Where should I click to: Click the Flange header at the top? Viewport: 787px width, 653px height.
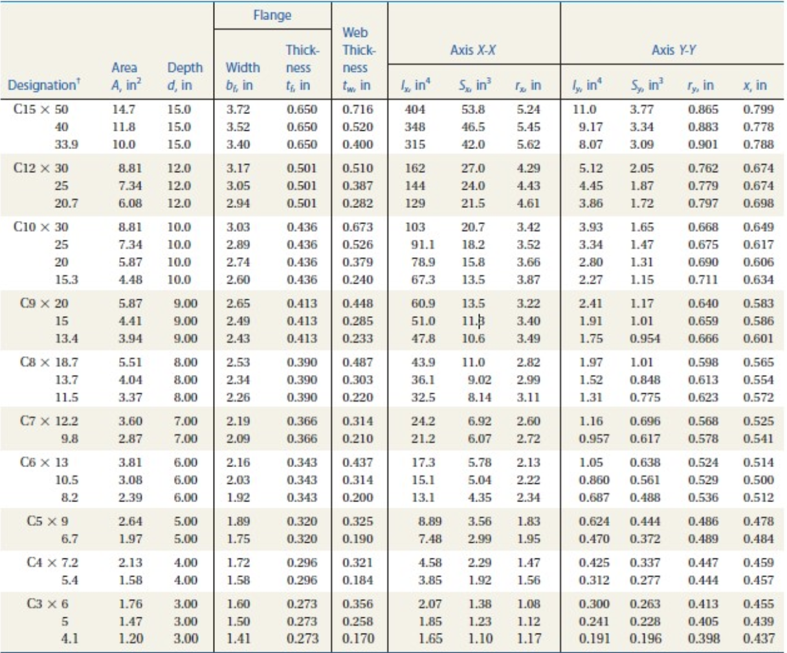[x=272, y=15]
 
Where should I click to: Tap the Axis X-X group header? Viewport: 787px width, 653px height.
[x=472, y=50]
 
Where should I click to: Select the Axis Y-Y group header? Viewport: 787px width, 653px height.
[x=674, y=50]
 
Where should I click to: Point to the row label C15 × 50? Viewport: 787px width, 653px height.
[x=41, y=109]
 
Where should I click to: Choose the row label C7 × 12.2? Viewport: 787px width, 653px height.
[x=49, y=421]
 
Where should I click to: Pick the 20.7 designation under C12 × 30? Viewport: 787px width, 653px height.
[x=66, y=203]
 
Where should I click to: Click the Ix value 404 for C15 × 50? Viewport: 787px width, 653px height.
[x=415, y=109]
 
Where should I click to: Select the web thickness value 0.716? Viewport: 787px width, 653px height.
[x=357, y=109]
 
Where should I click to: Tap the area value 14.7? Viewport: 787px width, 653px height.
[x=123, y=109]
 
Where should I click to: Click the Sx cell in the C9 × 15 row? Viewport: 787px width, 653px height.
[x=473, y=321]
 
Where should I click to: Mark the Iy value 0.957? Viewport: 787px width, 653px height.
[x=594, y=439]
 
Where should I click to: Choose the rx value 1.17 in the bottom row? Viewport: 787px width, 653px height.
[x=528, y=639]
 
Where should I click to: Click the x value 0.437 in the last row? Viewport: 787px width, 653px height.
[x=759, y=639]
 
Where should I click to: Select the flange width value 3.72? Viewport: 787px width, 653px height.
[x=238, y=109]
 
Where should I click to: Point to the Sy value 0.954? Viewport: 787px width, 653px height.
[x=645, y=338]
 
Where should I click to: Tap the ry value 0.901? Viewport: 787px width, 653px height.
[x=703, y=144]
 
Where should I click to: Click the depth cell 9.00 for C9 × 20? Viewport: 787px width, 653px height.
[x=186, y=303]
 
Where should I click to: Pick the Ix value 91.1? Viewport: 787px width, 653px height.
[x=423, y=244]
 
